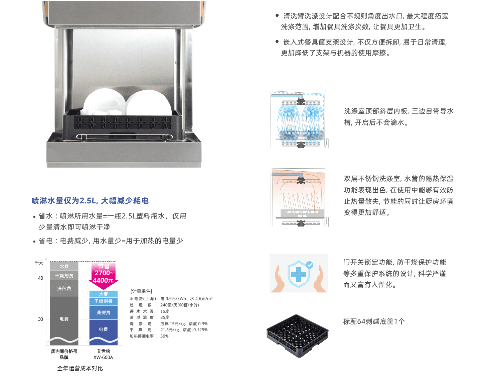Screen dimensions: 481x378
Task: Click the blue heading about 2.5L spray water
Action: point(90,201)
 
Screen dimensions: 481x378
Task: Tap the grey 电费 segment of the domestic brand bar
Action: point(64,320)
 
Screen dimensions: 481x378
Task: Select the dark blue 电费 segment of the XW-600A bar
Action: point(103,332)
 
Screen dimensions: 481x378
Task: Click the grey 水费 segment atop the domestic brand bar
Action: point(64,266)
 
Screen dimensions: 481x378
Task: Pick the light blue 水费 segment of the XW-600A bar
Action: point(103,294)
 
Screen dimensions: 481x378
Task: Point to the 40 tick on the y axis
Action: point(40,278)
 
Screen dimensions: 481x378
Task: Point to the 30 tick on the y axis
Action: point(40,319)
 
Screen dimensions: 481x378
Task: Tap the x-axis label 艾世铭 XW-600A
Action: point(103,354)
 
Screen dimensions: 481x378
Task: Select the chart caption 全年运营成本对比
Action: point(80,368)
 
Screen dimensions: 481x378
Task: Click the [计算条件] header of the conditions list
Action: point(141,291)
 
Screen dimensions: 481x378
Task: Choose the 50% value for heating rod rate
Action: point(164,336)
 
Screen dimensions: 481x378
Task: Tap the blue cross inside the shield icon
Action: point(299,274)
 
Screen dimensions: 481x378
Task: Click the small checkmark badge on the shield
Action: point(309,265)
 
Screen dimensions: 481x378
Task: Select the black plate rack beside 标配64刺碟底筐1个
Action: point(298,336)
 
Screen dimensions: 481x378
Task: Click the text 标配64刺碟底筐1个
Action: point(374,321)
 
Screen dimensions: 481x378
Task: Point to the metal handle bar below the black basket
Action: point(124,137)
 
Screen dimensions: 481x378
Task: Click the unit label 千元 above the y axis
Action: point(39,263)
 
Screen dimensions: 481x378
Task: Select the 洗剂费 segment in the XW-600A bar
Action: point(103,312)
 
